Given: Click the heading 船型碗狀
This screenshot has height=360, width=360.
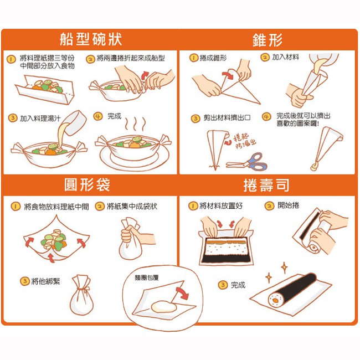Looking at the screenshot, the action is [x=91, y=39].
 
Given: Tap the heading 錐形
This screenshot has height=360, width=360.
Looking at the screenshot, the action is [x=268, y=40].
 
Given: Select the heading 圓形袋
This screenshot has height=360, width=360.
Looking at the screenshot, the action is [x=88, y=185].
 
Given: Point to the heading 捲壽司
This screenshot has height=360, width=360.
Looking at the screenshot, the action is [x=266, y=185].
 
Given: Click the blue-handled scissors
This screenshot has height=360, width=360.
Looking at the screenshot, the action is [x=247, y=162].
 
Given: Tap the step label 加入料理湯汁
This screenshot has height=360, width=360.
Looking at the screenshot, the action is [x=40, y=119].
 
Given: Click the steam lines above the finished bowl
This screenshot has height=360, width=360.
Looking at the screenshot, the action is [x=135, y=124].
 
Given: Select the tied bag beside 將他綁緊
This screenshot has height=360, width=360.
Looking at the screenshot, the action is [x=82, y=295].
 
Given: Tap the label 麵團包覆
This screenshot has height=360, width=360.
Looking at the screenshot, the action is [x=147, y=278].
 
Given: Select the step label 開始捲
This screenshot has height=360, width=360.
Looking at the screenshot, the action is [x=288, y=205].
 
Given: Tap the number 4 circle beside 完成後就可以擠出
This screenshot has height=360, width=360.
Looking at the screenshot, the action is [x=266, y=116].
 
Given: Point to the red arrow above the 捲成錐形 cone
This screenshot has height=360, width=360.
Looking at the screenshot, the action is [x=228, y=75].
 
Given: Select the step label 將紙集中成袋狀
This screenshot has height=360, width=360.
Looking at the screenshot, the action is [x=132, y=206].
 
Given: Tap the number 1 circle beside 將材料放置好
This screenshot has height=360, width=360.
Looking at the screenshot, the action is [x=193, y=205].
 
